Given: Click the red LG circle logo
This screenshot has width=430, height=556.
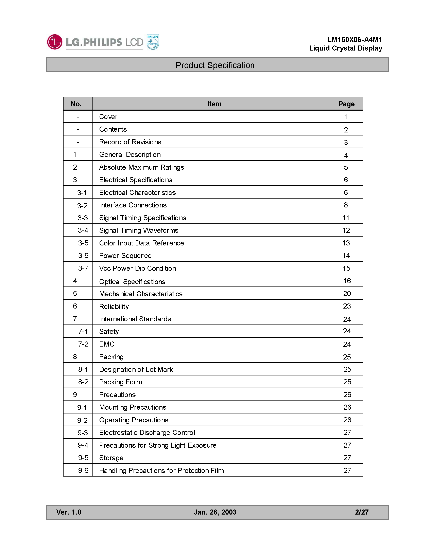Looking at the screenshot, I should tap(54, 42).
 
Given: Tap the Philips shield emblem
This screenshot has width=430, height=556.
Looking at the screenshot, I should tap(153, 42).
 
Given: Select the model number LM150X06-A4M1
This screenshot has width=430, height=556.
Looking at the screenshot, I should tap(355, 40).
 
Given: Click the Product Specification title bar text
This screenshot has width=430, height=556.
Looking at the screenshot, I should tap(215, 65).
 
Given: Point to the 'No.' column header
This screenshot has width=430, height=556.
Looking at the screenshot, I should tap(76, 104).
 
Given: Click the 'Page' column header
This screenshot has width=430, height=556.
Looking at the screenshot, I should tap(346, 104).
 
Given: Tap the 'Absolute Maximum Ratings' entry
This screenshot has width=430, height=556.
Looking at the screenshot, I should tap(141, 167).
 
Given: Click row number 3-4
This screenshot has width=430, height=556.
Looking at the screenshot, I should tap(83, 230).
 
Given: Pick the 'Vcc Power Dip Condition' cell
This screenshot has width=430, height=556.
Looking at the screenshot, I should tap(138, 268).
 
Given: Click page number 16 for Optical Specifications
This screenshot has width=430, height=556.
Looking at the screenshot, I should tap(347, 281).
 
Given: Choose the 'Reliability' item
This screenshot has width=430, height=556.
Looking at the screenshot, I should tap(114, 306).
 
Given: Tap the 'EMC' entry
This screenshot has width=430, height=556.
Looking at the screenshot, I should tap(107, 344).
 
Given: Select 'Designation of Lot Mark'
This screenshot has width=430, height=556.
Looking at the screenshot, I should tap(136, 369).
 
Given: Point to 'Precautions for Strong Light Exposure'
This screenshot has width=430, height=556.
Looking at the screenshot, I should tap(158, 445).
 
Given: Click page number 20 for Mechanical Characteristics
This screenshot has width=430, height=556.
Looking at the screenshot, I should tap(347, 294).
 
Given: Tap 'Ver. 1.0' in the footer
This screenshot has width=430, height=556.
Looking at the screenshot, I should tap(69, 512).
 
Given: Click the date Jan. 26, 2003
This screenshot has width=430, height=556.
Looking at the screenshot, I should tap(215, 512).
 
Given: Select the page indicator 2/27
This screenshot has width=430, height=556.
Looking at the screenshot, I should tap(361, 512).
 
